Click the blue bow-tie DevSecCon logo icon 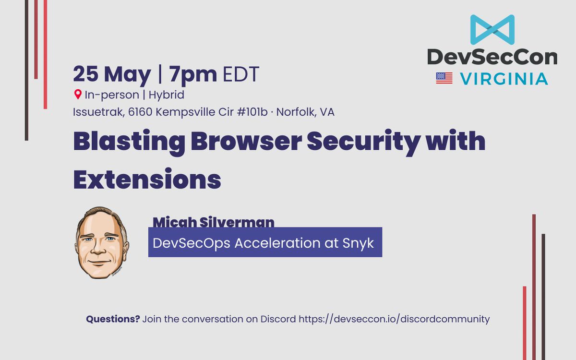(x=492, y=30)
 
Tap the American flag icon (x=444, y=78)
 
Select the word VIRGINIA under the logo (x=504, y=79)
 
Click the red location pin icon (x=78, y=95)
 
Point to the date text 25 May (x=112, y=74)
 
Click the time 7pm (x=193, y=75)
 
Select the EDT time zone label (x=240, y=74)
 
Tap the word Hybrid (x=167, y=95)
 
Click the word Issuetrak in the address (x=99, y=112)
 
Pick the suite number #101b (x=252, y=112)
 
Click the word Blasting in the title (x=129, y=142)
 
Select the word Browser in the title (x=246, y=141)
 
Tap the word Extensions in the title (x=147, y=179)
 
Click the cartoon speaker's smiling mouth (x=99, y=262)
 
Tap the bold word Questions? (x=113, y=319)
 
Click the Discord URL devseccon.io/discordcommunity (x=394, y=319)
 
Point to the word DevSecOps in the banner (x=192, y=243)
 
